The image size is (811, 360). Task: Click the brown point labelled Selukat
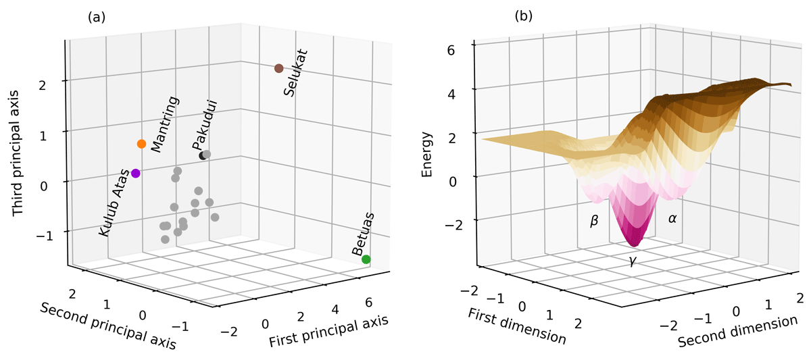278,68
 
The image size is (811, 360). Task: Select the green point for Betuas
366,259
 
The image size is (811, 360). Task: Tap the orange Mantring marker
141,144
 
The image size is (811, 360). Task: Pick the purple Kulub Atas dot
136,173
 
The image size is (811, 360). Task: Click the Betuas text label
363,234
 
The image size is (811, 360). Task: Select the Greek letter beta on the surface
595,221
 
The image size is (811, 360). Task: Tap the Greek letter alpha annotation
672,218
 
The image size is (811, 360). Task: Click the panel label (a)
97,18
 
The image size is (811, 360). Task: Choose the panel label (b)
524,16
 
